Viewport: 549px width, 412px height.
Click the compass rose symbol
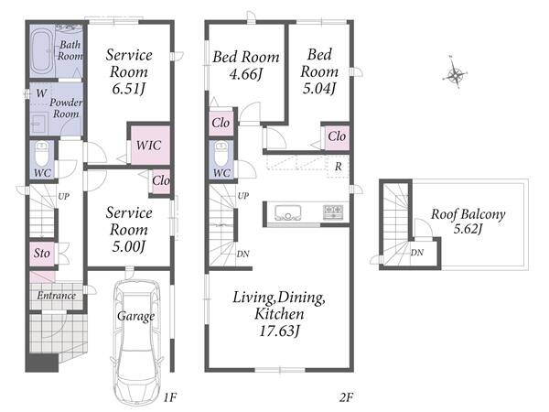pos(455,73)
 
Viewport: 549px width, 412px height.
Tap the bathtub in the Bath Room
pos(42,51)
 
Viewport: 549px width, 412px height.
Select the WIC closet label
pos(149,145)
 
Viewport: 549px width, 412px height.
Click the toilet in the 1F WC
pos(43,154)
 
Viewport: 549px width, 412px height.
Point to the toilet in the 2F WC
pos(221,154)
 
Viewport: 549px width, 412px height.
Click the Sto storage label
pos(42,253)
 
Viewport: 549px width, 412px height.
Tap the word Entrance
pos(57,296)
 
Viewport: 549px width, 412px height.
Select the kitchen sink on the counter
pos(288,212)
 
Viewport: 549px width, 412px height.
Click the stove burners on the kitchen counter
pos(333,212)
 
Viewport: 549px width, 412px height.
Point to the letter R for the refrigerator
pos(338,167)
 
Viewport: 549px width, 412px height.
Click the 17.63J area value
pos(279,331)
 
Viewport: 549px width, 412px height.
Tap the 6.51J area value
pos(128,89)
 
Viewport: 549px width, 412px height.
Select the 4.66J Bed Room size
pos(246,74)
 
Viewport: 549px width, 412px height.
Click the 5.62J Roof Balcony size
pos(468,229)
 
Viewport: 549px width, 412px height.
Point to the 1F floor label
pos(170,397)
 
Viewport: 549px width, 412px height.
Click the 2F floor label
pos(346,397)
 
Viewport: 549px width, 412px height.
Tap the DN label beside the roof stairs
pos(417,253)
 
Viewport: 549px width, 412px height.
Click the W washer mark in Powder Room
pos(41,93)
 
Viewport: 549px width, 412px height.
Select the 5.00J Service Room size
pos(128,246)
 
